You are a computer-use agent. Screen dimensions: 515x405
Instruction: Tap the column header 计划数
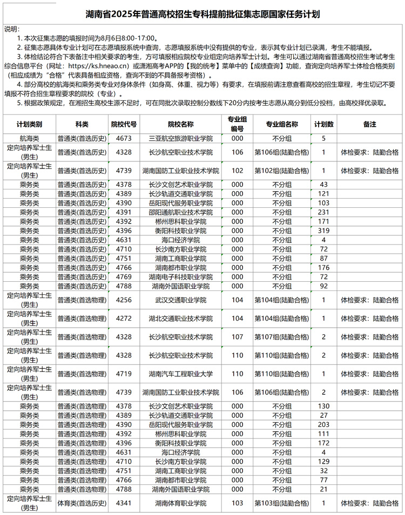(x=324, y=124)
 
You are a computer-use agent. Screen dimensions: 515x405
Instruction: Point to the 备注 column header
(x=370, y=124)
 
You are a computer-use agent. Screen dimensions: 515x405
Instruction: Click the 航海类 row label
(x=29, y=138)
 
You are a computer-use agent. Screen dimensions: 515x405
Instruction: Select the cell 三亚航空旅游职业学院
(x=180, y=138)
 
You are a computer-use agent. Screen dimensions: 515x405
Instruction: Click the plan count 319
(x=324, y=231)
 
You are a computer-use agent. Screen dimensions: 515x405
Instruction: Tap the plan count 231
(x=324, y=212)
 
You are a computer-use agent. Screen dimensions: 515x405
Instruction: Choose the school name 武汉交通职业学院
(x=180, y=300)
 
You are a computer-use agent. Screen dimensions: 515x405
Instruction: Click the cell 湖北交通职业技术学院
(x=180, y=319)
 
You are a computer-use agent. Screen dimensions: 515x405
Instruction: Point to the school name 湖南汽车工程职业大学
(x=180, y=374)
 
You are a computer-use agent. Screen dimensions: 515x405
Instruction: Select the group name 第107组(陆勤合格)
(x=281, y=337)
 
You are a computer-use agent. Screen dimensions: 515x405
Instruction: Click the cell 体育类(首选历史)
(x=82, y=503)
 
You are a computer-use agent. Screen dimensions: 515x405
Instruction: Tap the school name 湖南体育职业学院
(x=180, y=503)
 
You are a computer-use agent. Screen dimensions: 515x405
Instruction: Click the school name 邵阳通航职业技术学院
(x=180, y=212)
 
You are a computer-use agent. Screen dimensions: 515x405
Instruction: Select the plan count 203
(x=324, y=424)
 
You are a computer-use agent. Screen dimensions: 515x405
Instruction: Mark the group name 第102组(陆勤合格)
(x=281, y=171)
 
